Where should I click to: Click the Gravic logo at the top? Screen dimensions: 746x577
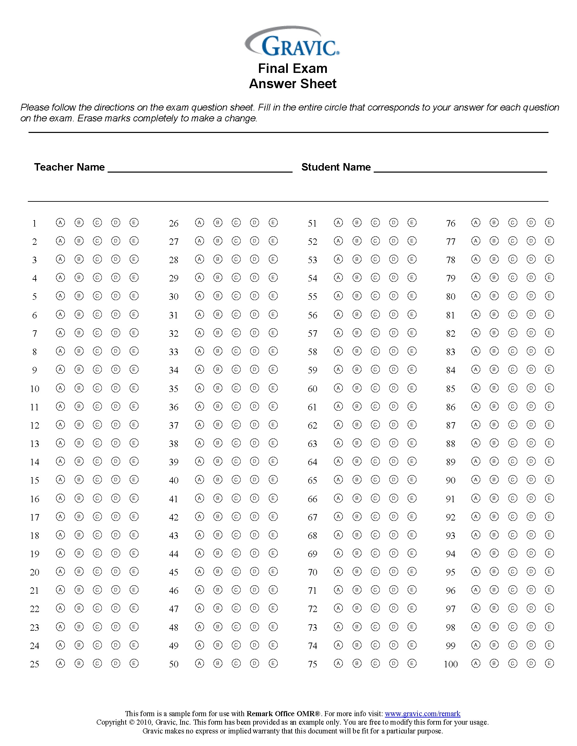coord(293,42)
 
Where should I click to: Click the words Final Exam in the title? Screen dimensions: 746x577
coord(293,68)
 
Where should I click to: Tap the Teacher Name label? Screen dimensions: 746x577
coord(69,167)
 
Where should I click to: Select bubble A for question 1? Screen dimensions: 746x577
coord(60,223)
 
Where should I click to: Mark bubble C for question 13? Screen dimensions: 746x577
coord(97,443)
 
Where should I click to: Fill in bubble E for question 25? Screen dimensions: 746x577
coord(134,663)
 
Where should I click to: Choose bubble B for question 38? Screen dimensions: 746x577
coord(218,443)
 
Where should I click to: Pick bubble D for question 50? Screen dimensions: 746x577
coord(255,663)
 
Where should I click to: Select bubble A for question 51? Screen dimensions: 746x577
coord(338,223)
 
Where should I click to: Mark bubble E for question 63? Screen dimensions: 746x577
coord(412,443)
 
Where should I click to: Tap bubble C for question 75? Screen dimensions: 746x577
coord(375,663)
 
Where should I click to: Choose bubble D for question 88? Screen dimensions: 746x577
coord(531,443)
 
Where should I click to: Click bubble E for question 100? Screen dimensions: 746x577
coord(549,663)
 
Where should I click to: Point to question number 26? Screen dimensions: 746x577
coord(174,223)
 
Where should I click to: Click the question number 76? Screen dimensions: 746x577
coord(450,223)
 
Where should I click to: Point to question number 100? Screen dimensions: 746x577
coord(450,664)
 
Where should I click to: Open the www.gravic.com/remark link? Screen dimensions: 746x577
coord(423,713)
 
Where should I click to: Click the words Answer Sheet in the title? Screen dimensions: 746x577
coord(293,84)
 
